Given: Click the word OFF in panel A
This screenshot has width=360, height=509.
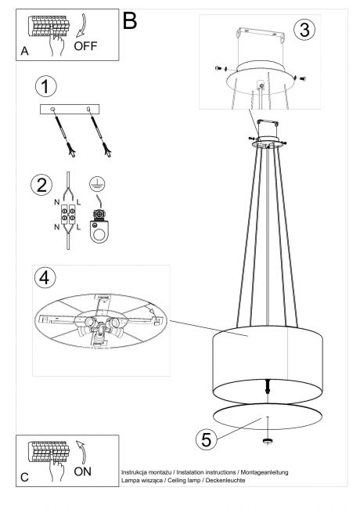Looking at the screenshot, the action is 85,46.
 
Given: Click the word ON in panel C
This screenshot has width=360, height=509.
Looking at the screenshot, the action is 83,471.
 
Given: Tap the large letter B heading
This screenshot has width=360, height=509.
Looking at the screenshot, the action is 130,20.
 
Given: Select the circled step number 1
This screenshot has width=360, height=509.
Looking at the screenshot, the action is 45,86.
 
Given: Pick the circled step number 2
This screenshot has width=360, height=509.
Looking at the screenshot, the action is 41,185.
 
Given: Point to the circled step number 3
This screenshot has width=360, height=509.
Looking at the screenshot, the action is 304,30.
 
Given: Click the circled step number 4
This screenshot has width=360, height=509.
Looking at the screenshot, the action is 45,278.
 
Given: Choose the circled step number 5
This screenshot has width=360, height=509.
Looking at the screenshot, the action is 207,439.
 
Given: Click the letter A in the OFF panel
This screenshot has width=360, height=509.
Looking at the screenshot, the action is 24,51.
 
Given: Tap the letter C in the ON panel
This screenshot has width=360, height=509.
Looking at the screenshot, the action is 24,477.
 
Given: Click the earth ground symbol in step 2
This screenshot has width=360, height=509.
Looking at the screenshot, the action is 97,184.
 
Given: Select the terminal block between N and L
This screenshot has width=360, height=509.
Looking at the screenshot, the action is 68,215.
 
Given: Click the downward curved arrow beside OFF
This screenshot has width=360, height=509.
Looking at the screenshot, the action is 81,25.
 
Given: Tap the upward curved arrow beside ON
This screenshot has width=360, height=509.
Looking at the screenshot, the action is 81,452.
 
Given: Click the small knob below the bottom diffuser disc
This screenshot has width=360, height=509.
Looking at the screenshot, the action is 267,441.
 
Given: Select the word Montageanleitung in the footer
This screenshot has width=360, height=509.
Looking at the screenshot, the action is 265,472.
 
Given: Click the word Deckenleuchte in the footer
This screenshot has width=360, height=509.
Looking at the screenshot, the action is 225,480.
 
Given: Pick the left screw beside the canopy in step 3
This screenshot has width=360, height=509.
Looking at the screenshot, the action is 219,68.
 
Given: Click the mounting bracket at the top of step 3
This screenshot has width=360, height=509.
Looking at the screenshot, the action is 261,34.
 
